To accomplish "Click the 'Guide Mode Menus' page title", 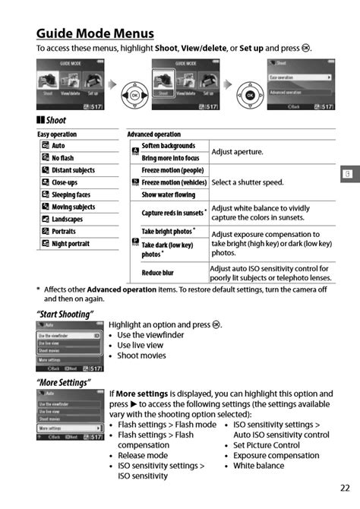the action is (95, 33).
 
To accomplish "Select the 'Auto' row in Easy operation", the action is (58, 146).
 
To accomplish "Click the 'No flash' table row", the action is (62, 158).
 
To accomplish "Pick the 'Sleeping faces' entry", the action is (71, 194).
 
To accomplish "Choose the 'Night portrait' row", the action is (71, 244).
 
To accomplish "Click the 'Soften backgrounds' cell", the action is (168, 145).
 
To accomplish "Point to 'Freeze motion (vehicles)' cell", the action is (174, 182).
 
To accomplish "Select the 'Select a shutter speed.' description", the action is (248, 182).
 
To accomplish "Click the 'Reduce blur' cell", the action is (158, 273).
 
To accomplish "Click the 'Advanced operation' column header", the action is (153, 134).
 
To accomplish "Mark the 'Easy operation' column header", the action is (57, 134).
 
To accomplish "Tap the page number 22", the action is (345, 488).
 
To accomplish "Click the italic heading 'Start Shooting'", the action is (65, 314).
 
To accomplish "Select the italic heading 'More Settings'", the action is (64, 382).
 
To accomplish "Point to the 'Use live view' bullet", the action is (140, 345).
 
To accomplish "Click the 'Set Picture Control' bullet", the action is (266, 445).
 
